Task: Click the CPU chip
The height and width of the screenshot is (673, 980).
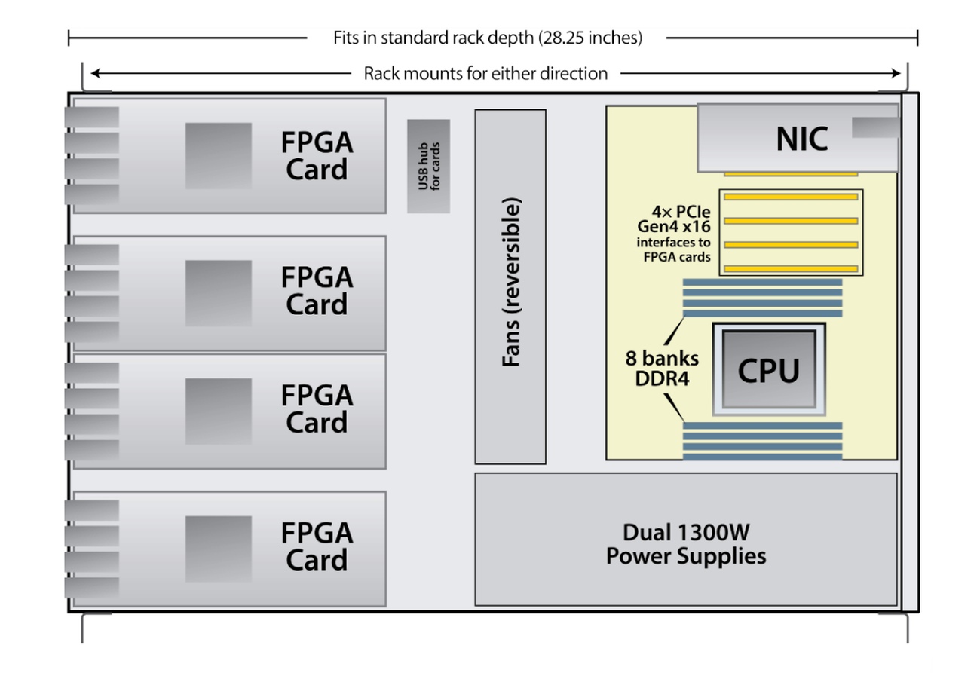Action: pos(768,369)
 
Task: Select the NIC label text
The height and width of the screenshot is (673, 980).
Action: pos(801,139)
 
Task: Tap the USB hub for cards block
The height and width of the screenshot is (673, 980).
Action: pos(428,166)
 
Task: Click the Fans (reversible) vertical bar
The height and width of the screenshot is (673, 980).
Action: pos(510,286)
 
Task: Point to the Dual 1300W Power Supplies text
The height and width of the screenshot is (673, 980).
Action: pos(686,544)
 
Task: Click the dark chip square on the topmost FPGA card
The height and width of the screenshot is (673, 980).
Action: pos(219,156)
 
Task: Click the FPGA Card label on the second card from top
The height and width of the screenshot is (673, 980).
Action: pos(317,291)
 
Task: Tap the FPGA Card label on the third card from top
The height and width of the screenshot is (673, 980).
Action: pos(317,408)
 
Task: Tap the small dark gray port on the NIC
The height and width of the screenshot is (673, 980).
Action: pos(874,127)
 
